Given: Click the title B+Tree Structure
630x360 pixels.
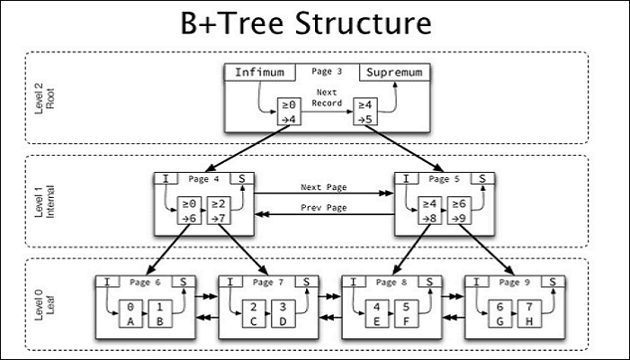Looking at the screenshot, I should click(315, 23).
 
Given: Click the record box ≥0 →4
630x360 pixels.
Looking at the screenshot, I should click(290, 111).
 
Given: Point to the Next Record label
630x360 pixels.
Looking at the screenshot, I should click(328, 98).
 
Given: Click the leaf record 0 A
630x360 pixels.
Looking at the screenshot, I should click(132, 312).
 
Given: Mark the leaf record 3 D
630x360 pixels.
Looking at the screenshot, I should click(283, 312).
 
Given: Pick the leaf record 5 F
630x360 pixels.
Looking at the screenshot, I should click(407, 312).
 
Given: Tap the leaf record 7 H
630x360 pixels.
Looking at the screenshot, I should click(529, 312).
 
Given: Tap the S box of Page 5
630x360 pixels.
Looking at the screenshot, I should click(481, 179).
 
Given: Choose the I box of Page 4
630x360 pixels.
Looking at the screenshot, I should click(166, 179).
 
